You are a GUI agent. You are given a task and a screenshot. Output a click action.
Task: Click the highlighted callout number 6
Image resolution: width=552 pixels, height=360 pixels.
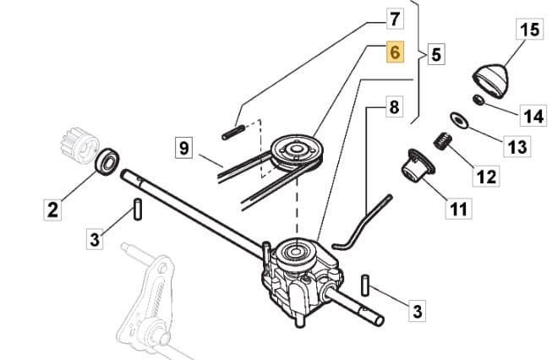pyautogui.click(x=395, y=52)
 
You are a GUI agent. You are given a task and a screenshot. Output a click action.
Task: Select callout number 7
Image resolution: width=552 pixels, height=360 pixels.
pyautogui.click(x=395, y=19)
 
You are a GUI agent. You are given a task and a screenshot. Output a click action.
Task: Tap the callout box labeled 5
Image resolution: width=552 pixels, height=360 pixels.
pyautogui.click(x=436, y=55)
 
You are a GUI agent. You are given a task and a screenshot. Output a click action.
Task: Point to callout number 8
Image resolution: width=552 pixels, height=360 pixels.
pyautogui.click(x=394, y=106)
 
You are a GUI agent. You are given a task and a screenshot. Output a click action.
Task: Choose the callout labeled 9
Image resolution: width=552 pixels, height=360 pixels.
pyautogui.click(x=184, y=148)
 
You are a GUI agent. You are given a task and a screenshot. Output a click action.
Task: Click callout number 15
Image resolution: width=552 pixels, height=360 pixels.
pyautogui.click(x=529, y=30)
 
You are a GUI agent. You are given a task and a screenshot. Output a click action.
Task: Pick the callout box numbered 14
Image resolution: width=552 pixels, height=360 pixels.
pyautogui.click(x=533, y=116)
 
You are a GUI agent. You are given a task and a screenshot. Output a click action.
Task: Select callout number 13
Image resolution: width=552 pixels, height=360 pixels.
pyautogui.click(x=517, y=146)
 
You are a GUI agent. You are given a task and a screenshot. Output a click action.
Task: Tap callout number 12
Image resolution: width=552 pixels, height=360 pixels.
pyautogui.click(x=487, y=177)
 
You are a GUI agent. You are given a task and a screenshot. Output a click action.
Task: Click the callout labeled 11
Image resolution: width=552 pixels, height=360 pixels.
pyautogui.click(x=459, y=209)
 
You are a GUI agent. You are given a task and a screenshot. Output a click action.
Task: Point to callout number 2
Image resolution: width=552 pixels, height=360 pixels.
pyautogui.click(x=52, y=210)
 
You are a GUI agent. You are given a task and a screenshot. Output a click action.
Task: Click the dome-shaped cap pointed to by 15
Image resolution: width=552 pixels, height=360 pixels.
pyautogui.click(x=491, y=80)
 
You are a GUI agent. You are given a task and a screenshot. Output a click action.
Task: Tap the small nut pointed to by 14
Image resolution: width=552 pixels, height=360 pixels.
pyautogui.click(x=478, y=100)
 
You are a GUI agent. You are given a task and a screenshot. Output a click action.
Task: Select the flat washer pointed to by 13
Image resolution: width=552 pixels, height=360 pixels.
pyautogui.click(x=459, y=121)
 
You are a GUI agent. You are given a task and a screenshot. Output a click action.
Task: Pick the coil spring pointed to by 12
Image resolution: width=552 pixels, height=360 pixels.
pyautogui.click(x=442, y=141)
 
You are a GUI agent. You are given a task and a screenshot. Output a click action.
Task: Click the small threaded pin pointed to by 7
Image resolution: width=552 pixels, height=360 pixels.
pyautogui.click(x=233, y=133)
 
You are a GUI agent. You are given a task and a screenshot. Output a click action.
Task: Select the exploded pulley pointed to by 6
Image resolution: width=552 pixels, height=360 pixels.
pyautogui.click(x=297, y=152)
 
